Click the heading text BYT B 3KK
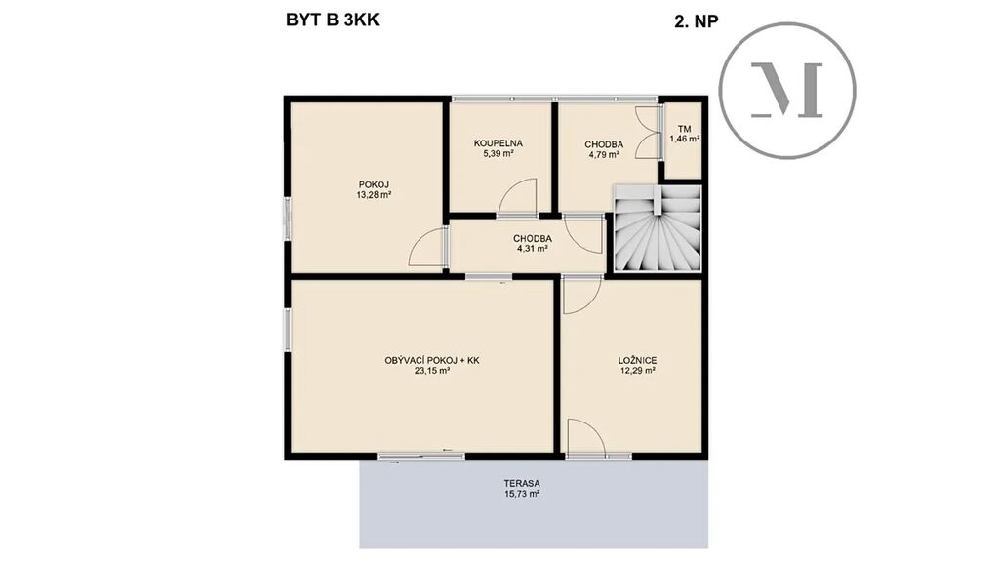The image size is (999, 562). coord(333,20)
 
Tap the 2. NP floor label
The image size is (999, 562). coord(697,21)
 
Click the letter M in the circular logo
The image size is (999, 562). coord(787,90)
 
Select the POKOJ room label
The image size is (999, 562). coord(374,185)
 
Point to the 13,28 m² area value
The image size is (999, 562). coord(374,195)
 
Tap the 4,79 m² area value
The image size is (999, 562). coord(604,154)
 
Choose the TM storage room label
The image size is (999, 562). coord(684,129)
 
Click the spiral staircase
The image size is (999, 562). coord(658,228)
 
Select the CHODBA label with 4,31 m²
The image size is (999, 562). coord(533,239)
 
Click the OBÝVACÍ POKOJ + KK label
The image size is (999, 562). coord(432,361)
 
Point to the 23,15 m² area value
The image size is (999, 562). coord(432,370)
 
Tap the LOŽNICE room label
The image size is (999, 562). coord(638,361)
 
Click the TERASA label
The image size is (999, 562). coord(523,484)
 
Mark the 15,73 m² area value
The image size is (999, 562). coord(523,493)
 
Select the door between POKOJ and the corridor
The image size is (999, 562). coord(428,247)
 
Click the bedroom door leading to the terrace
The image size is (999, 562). coord(586,438)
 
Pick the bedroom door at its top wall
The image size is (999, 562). coord(582,295)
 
